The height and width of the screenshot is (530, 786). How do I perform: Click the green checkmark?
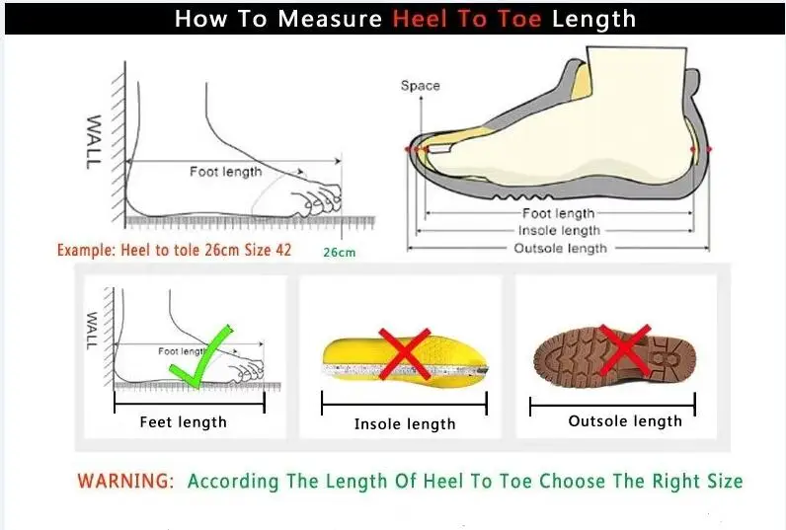click(203, 355)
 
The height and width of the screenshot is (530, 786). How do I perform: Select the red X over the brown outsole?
click(625, 350)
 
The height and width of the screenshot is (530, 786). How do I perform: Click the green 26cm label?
click(339, 252)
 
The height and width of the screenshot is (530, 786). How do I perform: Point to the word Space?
click(420, 86)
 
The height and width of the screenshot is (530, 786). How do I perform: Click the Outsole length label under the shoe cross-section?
click(560, 248)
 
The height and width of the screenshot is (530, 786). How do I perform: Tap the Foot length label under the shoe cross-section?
click(558, 213)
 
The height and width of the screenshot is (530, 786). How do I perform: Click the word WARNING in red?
click(125, 482)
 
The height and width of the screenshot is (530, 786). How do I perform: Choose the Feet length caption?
click(183, 422)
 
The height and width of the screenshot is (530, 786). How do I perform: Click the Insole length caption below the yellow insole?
click(405, 424)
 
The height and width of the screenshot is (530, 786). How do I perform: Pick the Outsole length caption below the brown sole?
click(625, 421)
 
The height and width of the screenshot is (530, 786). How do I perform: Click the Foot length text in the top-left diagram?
click(226, 172)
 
